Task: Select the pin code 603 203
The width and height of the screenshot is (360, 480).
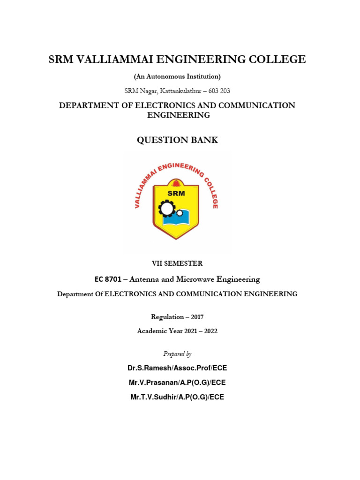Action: coord(218,90)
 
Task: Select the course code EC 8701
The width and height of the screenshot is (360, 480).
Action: coord(107,279)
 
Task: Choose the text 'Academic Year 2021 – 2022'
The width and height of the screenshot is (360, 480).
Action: coord(177,331)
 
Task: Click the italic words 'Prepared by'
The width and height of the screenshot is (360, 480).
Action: coord(177,353)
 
